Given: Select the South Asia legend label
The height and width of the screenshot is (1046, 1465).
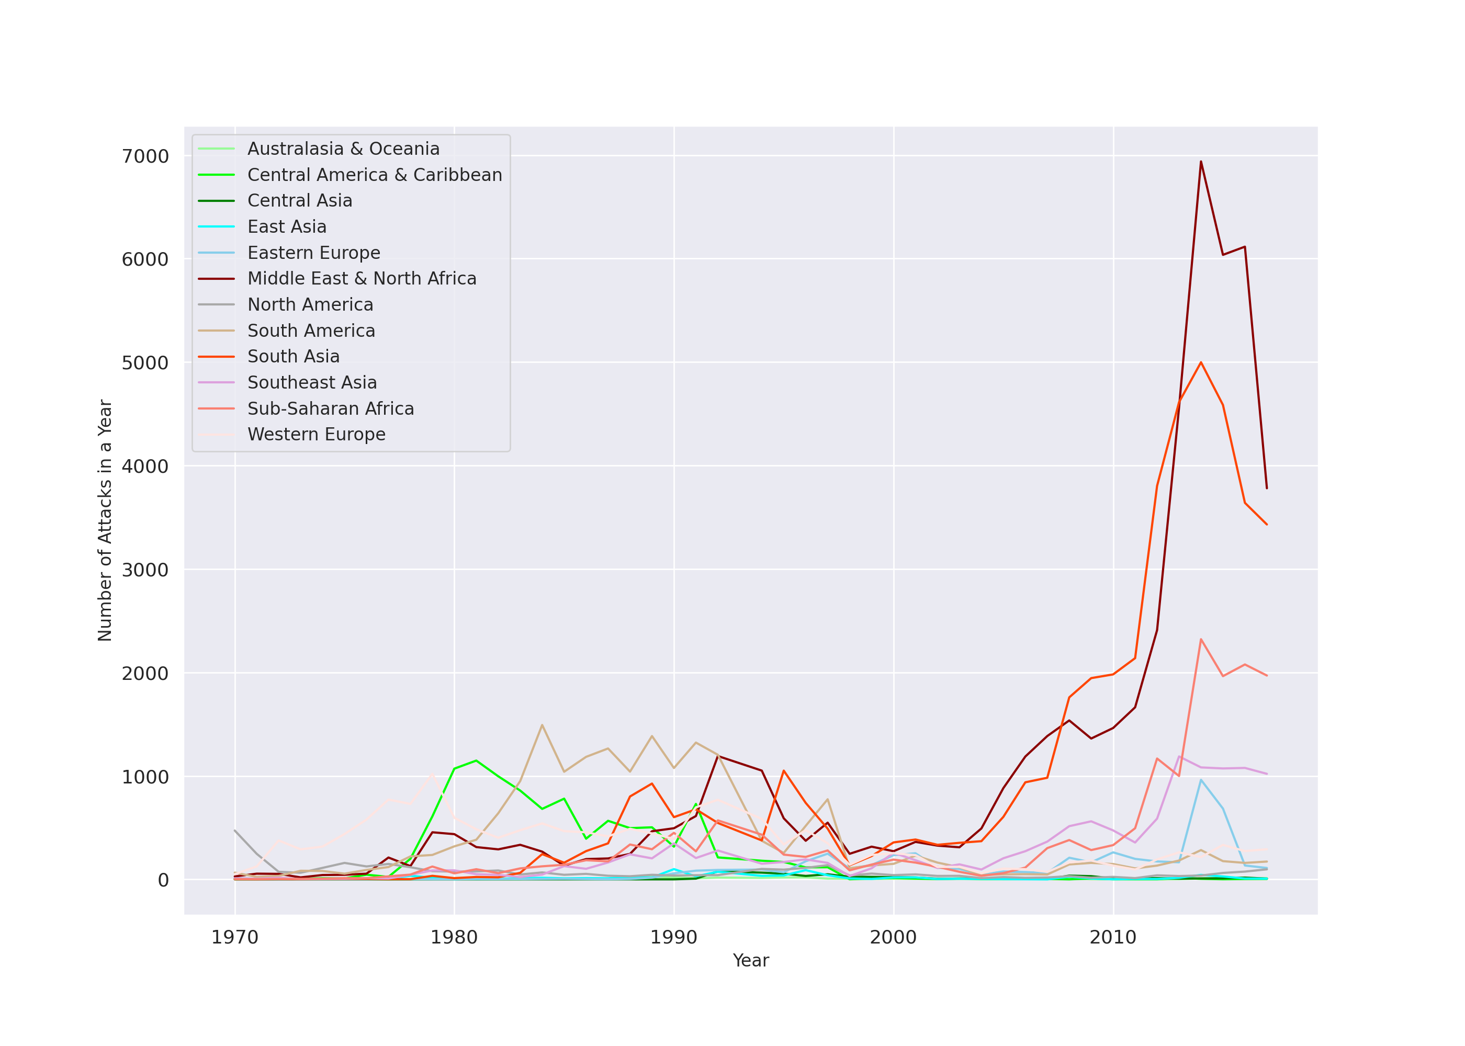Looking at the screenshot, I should coord(293,356).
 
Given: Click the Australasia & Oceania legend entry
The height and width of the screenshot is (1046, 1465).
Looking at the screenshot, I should coord(343,149).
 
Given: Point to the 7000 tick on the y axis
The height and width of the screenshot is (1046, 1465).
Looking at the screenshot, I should coord(145,156).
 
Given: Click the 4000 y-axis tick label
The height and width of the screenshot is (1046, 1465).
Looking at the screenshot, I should coord(145,467).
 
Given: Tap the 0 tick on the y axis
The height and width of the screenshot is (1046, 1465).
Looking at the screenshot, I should coord(163,880).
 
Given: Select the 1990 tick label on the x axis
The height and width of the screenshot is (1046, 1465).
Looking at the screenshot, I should coord(673,938).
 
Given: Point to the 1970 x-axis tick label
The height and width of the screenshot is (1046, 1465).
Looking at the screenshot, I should coord(234,938).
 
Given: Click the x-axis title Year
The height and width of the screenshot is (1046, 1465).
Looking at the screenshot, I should coord(750,960).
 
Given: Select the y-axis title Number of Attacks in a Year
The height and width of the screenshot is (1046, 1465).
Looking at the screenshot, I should coord(105,520).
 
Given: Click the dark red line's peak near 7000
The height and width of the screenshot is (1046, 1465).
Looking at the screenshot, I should coord(1201,162).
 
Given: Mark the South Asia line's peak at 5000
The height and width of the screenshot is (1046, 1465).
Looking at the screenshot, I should coord(1201,362).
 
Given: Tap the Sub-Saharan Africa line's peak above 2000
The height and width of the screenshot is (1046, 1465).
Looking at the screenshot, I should coord(1201,640).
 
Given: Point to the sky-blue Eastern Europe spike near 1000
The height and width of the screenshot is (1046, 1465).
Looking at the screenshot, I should coord(1201,780).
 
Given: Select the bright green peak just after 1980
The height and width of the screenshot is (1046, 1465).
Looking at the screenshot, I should coord(476,760).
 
